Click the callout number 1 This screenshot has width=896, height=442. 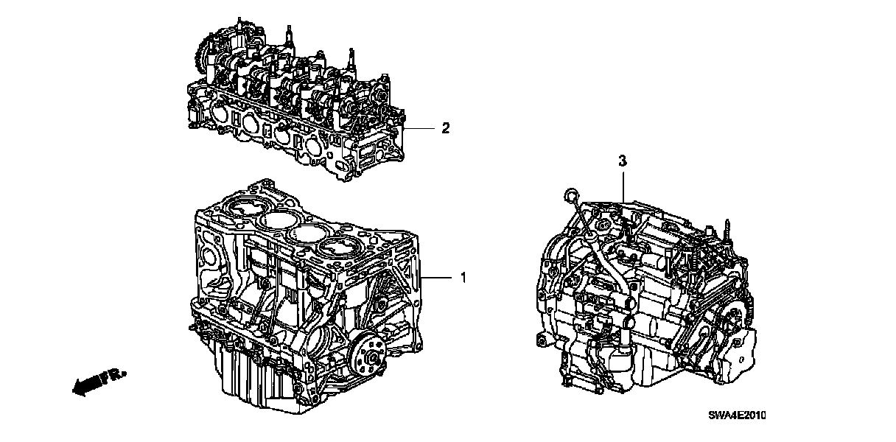pos(463,278)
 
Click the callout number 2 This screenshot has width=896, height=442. pos(445,128)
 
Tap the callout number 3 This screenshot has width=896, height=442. pos(623,159)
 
